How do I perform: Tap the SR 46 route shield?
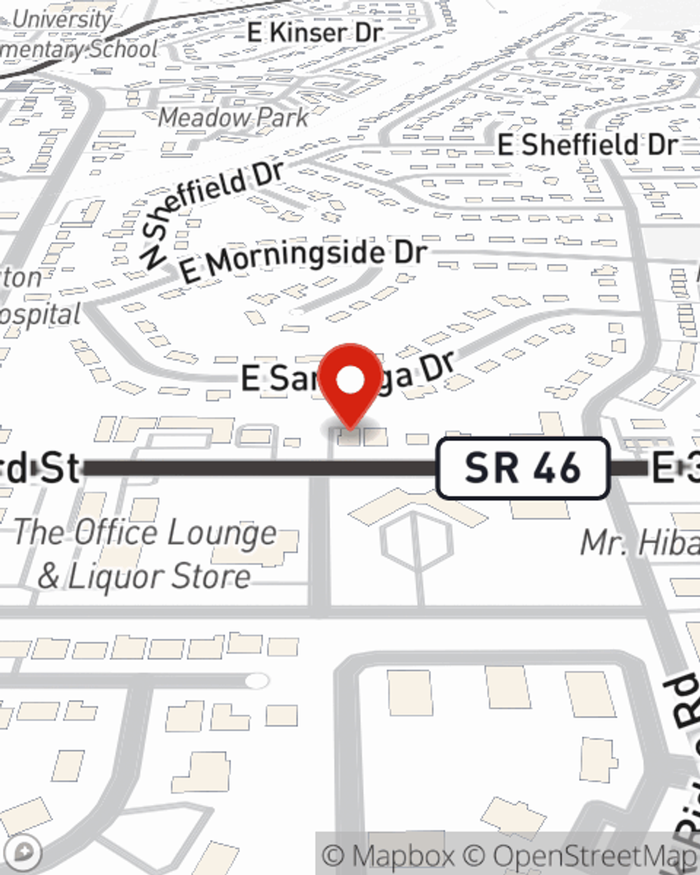click(522, 468)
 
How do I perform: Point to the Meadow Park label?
click(233, 117)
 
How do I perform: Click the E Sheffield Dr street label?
click(587, 145)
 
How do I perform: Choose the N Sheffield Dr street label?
click(210, 210)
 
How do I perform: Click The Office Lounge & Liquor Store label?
click(145, 554)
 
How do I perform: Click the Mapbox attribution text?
click(388, 855)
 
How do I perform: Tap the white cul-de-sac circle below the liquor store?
click(257, 680)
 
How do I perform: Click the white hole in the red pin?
click(350, 380)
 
